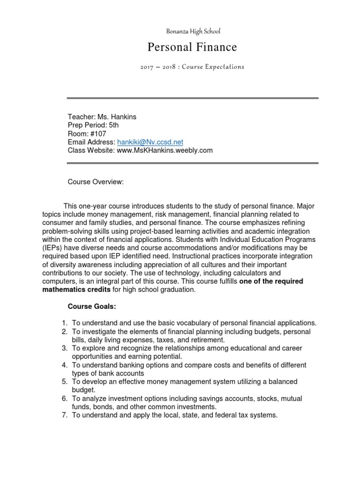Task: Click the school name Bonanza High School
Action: coord(193,31)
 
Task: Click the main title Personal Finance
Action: coord(192,47)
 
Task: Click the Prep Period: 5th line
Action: coord(93,125)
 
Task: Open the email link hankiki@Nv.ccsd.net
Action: coord(150,142)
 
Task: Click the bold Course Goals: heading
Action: coord(92,307)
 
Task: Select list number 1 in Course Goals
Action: coord(65,323)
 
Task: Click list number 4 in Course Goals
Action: coord(65,365)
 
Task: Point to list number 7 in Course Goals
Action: coord(65,415)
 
